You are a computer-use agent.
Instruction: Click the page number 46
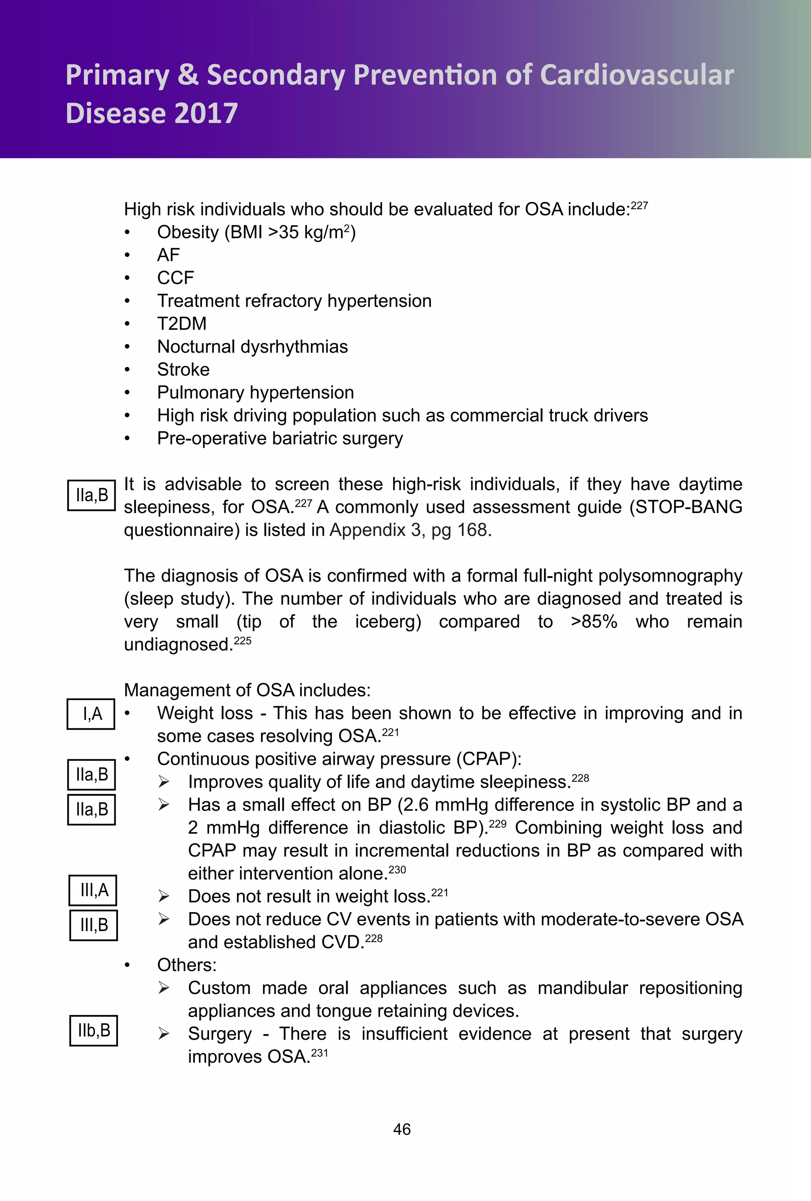pos(402,1129)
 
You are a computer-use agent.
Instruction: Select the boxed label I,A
pos(91,714)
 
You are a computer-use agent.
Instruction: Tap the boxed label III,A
pos(93,890)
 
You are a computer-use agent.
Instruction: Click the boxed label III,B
pos(93,925)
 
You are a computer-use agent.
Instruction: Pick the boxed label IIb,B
pos(93,1031)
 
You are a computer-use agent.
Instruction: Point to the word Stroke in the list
pos(183,370)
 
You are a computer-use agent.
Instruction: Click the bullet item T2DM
pos(182,323)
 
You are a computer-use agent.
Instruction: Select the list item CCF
pos(176,278)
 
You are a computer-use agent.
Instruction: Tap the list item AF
pos(168,255)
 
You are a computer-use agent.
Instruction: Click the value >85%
pos(594,622)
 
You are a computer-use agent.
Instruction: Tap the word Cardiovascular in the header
pos(636,75)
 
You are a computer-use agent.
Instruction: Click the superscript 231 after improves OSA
pos(320,1053)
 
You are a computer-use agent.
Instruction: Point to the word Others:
pos(187,965)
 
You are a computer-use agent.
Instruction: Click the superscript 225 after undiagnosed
pos(243,641)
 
